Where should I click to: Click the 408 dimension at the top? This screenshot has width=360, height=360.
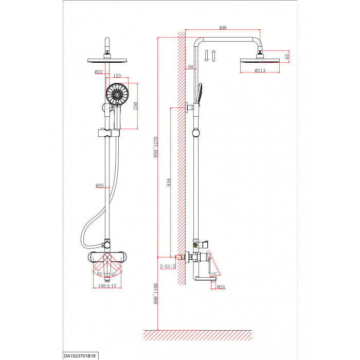pyautogui.click(x=223, y=28)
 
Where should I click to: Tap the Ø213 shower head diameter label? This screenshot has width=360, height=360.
pyautogui.click(x=260, y=70)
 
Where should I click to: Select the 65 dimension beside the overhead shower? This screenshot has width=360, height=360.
pyautogui.click(x=287, y=56)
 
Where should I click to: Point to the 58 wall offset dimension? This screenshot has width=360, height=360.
pyautogui.click(x=191, y=67)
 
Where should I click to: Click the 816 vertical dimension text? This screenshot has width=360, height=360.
pyautogui.click(x=169, y=182)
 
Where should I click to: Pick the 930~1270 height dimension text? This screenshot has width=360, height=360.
pyautogui.click(x=156, y=147)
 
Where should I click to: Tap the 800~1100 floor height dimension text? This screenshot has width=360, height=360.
pyautogui.click(x=156, y=294)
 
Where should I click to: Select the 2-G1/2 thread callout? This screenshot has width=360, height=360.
pyautogui.click(x=168, y=266)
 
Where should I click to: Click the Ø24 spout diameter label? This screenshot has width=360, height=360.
pyautogui.click(x=221, y=287)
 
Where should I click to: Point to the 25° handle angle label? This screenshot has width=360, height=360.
pyautogui.click(x=214, y=274)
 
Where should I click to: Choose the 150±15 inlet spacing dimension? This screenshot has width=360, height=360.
pyautogui.click(x=107, y=286)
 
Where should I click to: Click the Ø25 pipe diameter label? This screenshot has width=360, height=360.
pyautogui.click(x=100, y=186)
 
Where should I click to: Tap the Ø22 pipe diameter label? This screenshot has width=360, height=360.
pyautogui.click(x=99, y=72)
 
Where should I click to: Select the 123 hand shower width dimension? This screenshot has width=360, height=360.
pyautogui.click(x=117, y=76)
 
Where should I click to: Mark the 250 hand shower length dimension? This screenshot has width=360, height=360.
pyautogui.click(x=135, y=106)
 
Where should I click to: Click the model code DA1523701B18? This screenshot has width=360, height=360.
pyautogui.click(x=80, y=356)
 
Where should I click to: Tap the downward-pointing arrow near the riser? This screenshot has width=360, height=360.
pyautogui.click(x=206, y=56)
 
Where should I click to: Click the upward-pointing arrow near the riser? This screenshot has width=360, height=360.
pyautogui.click(x=213, y=56)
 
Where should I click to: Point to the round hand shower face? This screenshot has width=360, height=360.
pyautogui.click(x=117, y=94)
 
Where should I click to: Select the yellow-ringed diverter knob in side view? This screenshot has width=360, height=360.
pyautogui.click(x=195, y=245)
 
